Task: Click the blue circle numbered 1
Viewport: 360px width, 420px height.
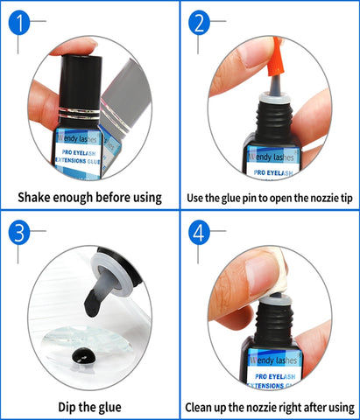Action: (19, 23)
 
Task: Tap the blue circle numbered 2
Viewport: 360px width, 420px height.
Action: (199, 23)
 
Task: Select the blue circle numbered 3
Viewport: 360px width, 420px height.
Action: (19, 233)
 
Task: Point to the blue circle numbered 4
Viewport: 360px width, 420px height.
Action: (199, 233)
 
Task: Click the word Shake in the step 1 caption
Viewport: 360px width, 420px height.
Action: (34, 198)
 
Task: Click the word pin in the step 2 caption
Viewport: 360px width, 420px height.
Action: (250, 199)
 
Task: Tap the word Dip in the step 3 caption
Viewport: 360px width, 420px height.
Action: (67, 407)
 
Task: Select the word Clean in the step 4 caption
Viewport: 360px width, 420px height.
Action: (199, 407)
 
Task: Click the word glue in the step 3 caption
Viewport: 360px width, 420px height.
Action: (109, 408)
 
